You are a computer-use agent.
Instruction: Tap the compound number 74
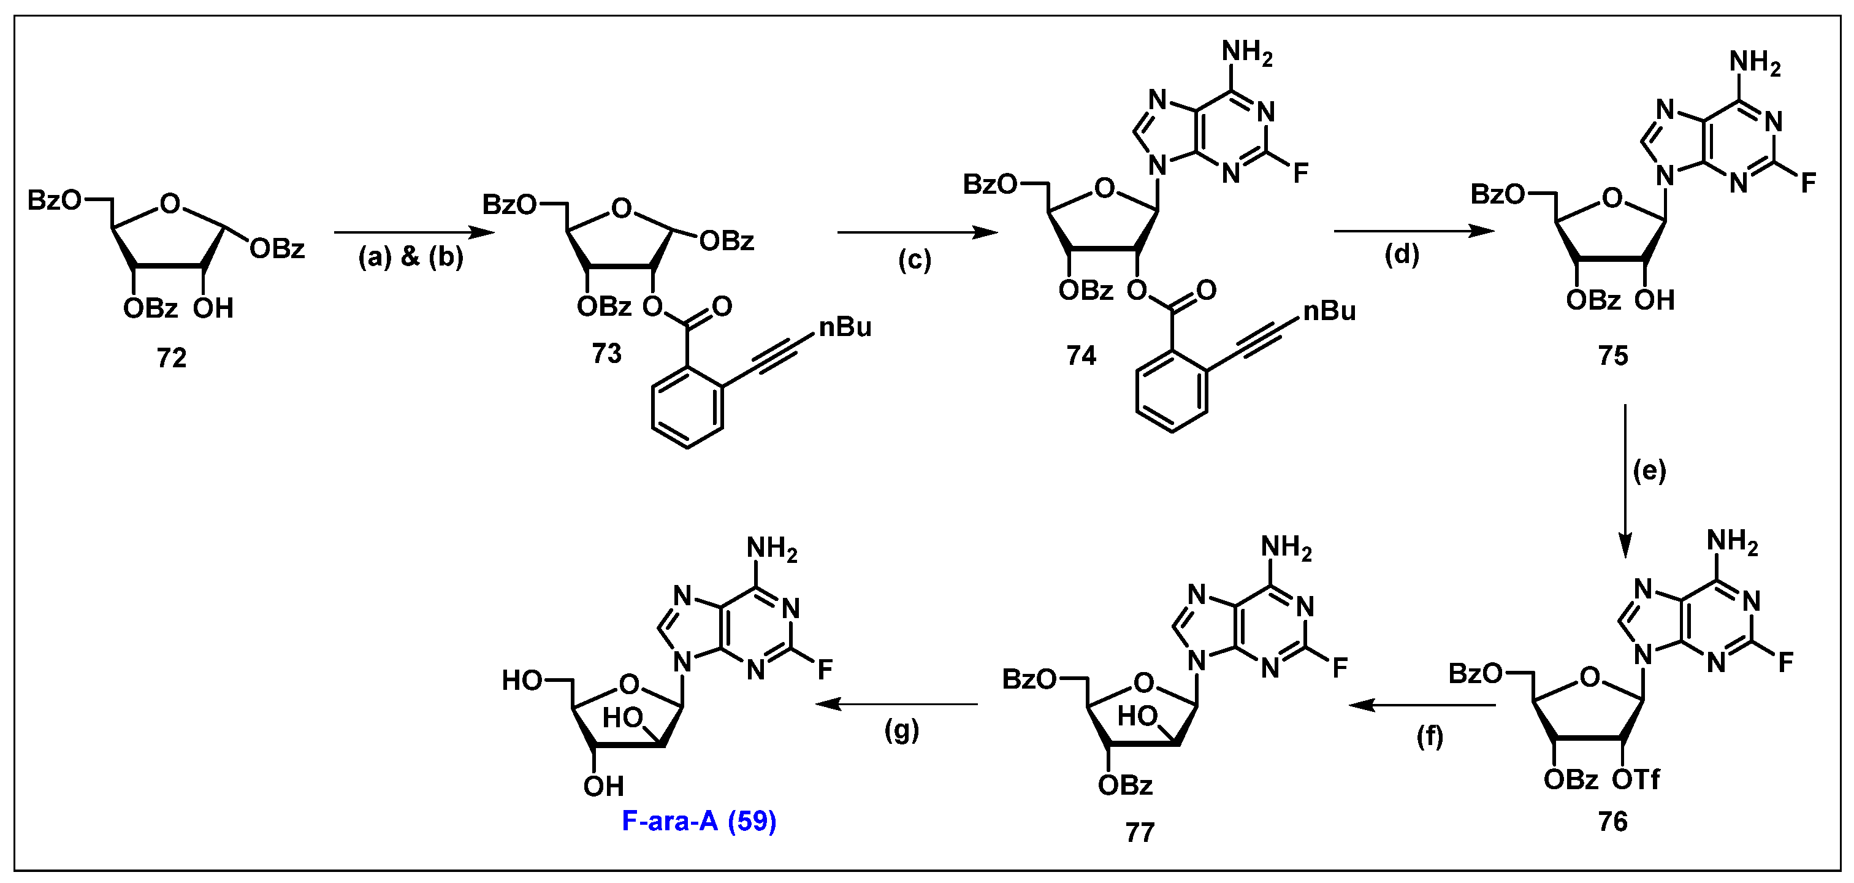click(x=1081, y=356)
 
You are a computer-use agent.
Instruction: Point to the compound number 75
click(x=1613, y=356)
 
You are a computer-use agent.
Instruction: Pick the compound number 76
click(x=1613, y=821)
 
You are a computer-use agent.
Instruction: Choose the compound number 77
click(x=1139, y=832)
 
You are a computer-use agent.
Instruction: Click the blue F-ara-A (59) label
click(x=699, y=821)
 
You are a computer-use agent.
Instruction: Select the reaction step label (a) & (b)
click(x=411, y=257)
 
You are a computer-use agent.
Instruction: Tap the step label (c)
click(x=914, y=260)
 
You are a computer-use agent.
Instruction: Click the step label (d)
click(x=1402, y=254)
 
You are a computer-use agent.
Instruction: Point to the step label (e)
click(x=1649, y=471)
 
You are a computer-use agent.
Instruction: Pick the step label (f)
click(x=1429, y=736)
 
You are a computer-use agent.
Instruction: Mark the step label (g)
click(x=901, y=730)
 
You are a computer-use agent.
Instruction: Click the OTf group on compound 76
click(x=1636, y=779)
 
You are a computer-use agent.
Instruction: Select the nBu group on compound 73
click(x=845, y=327)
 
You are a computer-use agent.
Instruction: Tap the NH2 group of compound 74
click(x=1247, y=54)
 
